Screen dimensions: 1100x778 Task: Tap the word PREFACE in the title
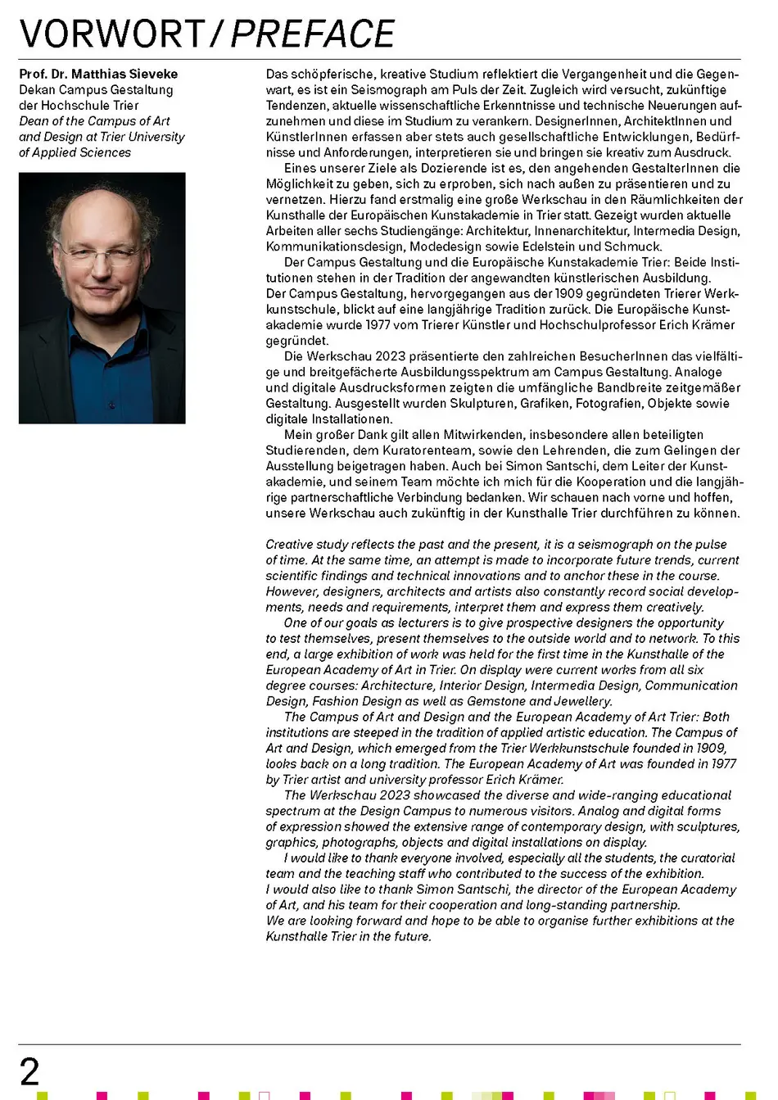tap(313, 34)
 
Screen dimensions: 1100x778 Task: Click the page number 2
tap(29, 1072)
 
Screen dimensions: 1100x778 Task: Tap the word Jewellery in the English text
tap(582, 701)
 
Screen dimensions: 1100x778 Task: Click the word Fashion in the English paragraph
tap(329, 701)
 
